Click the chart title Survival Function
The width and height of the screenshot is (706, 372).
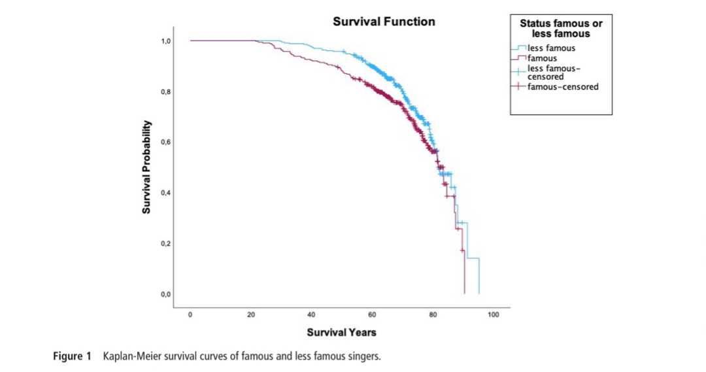click(384, 22)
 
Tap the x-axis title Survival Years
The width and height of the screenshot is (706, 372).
click(341, 332)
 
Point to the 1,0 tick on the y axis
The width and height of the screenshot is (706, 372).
click(166, 41)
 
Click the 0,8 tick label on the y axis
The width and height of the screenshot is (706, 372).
click(166, 92)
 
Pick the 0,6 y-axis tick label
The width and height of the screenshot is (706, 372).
click(166, 142)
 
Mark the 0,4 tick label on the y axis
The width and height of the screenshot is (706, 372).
click(166, 193)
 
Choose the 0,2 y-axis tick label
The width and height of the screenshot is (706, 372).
click(166, 243)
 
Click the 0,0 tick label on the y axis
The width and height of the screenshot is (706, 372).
click(166, 294)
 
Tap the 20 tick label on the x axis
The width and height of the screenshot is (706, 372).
click(251, 314)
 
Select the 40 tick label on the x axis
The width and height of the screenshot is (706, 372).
click(311, 314)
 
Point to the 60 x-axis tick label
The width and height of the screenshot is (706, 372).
click(372, 314)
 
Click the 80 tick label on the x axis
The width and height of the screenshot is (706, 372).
click(433, 314)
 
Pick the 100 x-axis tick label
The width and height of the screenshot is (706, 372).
click(494, 314)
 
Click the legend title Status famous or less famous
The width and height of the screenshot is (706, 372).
click(561, 28)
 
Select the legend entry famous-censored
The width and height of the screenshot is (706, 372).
click(562, 87)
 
